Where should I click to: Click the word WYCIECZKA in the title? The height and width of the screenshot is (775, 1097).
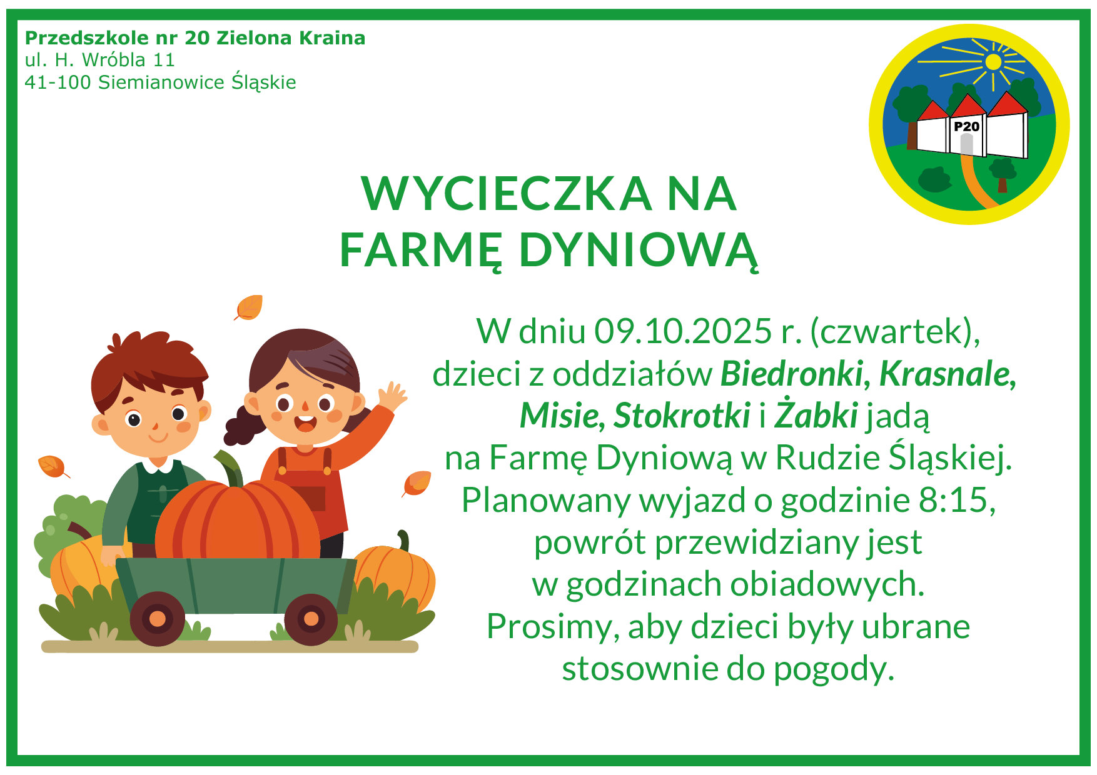coord(507,193)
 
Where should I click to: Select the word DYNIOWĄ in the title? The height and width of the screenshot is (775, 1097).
coord(639,251)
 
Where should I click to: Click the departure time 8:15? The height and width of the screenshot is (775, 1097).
coord(957,500)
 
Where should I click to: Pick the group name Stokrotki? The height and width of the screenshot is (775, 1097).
coord(682,416)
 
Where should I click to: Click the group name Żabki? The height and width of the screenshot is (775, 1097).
coord(816,415)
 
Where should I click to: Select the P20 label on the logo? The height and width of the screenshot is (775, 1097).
coord(966,126)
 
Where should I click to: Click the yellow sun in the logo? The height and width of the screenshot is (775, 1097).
coord(993,62)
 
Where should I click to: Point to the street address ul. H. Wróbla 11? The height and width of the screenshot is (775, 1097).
coord(100,60)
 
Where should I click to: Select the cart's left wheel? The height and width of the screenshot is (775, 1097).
coord(158,619)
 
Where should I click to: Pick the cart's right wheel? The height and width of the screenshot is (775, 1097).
coord(311,619)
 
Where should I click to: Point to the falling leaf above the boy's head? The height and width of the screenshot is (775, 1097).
coord(248,307)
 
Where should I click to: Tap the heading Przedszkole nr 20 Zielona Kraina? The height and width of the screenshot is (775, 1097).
coord(195,38)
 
